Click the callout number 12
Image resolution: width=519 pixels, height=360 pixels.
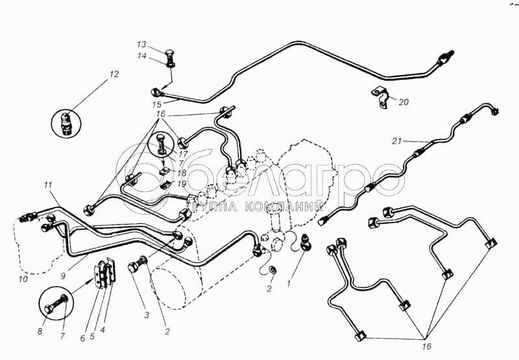tap(114, 74)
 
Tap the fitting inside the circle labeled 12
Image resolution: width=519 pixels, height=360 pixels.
tap(67, 124)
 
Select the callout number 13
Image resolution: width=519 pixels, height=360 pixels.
tap(141, 45)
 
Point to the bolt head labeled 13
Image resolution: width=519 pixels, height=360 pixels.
tap(169, 53)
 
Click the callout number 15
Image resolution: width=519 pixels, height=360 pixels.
tap(157, 104)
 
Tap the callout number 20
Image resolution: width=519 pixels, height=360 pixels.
tap(404, 102)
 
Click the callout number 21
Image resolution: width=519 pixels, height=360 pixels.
tap(397, 141)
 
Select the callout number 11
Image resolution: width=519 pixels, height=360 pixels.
tap(48, 186)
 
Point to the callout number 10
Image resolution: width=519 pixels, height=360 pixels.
tap(23, 280)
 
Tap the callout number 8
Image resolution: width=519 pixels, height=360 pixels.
tap(40, 331)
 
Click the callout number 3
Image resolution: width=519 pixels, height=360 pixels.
tap(147, 315)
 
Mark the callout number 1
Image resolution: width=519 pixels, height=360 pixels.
tap(289, 283)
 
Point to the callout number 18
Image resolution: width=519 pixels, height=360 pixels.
tap(182, 173)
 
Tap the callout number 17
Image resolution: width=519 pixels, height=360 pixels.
tap(183, 154)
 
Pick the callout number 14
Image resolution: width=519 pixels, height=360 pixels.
tap(142, 56)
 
